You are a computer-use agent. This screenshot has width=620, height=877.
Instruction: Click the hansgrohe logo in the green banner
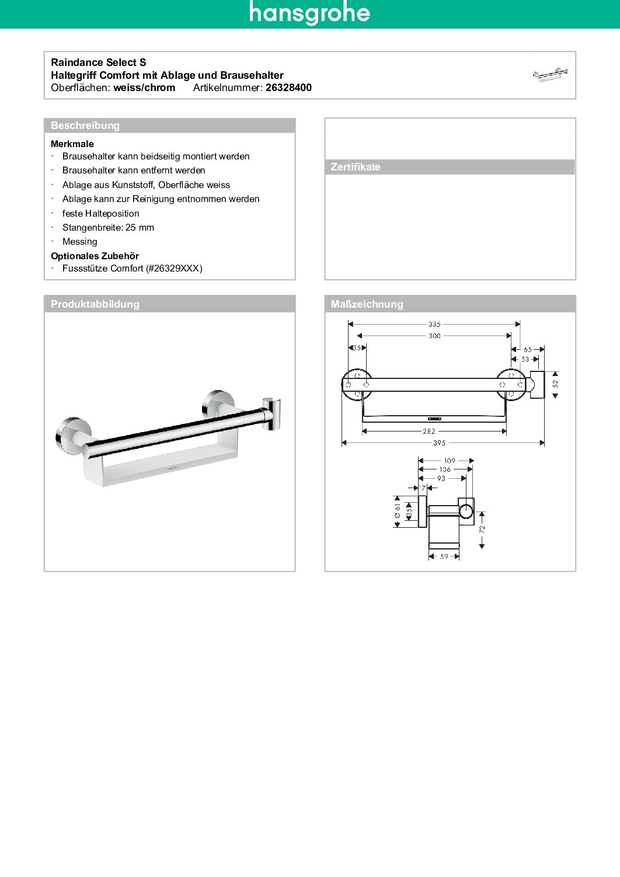309,13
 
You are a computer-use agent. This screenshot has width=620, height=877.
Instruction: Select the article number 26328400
288,88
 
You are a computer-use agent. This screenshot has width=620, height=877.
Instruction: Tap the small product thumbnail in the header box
550,75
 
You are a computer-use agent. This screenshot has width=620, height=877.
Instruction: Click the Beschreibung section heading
85,126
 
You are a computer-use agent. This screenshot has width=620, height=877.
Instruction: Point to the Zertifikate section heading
356,167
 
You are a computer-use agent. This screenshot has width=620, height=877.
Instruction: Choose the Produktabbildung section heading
95,304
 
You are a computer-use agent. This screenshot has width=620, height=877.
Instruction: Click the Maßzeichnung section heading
367,304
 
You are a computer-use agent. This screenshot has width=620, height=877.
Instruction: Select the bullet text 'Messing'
80,242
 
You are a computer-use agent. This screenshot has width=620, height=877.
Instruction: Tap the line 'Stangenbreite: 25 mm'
108,228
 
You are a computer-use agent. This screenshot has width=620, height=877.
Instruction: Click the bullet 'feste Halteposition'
100,214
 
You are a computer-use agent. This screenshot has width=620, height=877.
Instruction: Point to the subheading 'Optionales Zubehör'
95,256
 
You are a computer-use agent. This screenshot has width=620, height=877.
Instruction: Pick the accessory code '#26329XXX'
174,269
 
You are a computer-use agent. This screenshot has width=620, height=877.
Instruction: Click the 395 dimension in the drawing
439,443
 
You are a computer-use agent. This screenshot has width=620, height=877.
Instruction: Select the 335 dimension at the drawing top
434,324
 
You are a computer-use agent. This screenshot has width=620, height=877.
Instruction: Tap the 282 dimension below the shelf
429,431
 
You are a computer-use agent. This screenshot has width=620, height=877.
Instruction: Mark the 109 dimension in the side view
450,461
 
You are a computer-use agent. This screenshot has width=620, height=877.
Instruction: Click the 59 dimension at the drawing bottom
444,556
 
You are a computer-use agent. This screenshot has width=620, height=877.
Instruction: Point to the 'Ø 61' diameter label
398,511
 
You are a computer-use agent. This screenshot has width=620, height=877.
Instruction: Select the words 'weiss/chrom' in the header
144,88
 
